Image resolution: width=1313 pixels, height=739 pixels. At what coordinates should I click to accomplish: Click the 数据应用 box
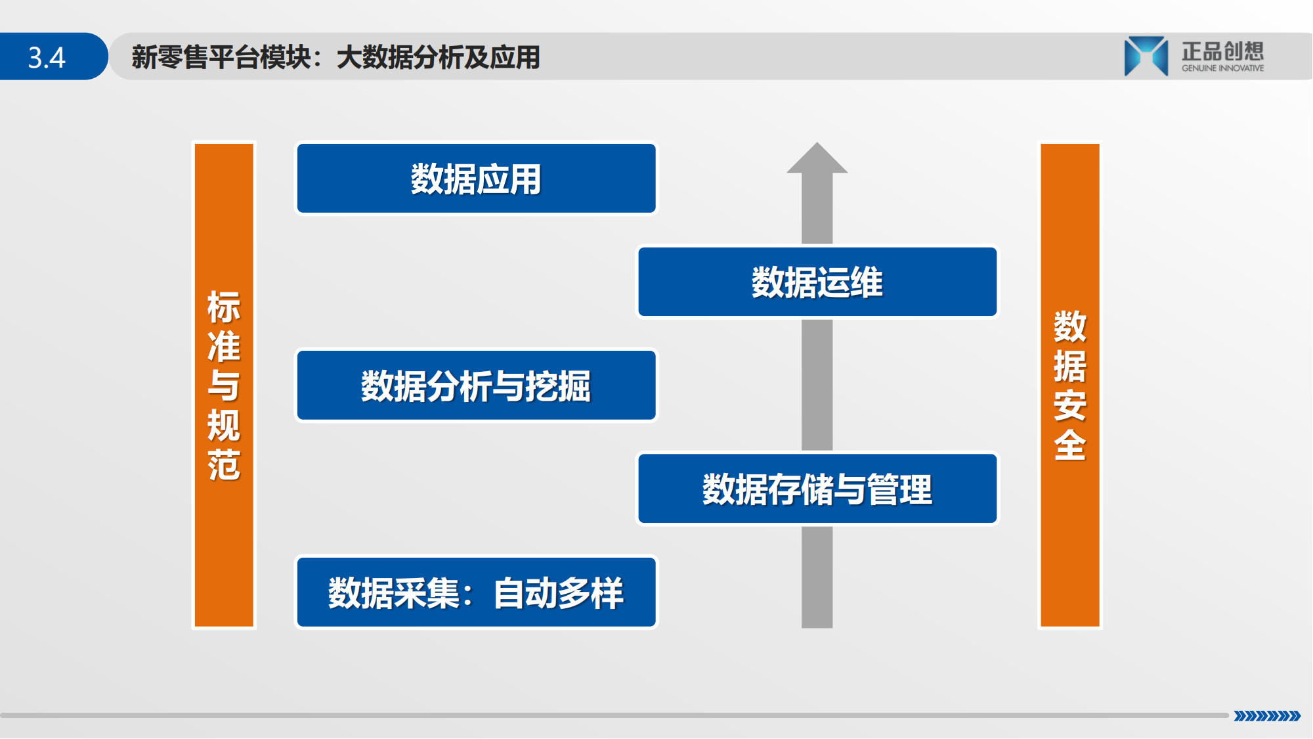(x=477, y=179)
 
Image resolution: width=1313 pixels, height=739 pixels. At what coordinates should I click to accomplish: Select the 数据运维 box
(x=817, y=282)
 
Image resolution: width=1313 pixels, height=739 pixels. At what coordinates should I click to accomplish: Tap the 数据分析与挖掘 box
(x=477, y=385)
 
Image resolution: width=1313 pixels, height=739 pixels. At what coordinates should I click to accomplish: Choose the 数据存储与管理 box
(x=817, y=488)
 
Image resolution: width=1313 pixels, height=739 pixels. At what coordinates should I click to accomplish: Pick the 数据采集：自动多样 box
(x=477, y=592)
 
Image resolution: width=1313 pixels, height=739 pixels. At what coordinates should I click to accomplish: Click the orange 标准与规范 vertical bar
(x=224, y=385)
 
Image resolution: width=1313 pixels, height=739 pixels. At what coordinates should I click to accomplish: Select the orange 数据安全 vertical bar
(x=1070, y=385)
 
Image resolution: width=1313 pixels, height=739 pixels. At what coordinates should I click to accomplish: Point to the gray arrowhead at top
(x=817, y=158)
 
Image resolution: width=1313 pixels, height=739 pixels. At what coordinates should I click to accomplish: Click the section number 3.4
(x=47, y=58)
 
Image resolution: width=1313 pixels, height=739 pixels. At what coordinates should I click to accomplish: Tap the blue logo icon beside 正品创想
(x=1146, y=56)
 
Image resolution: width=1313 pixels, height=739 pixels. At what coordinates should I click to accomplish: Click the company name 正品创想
(x=1223, y=51)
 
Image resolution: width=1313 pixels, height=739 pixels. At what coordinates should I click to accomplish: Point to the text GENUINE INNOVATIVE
(x=1223, y=68)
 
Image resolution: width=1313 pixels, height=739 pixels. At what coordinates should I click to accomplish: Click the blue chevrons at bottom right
(x=1267, y=716)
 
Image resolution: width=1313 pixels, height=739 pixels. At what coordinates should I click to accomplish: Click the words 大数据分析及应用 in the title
(x=439, y=57)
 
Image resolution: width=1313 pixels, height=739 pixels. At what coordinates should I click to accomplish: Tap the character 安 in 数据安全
(x=1070, y=405)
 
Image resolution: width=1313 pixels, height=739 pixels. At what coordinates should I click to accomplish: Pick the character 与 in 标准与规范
(x=224, y=386)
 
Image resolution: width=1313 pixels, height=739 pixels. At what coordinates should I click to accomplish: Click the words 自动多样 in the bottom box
(x=559, y=593)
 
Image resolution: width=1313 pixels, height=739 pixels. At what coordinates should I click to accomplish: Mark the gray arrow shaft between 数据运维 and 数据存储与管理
(x=817, y=385)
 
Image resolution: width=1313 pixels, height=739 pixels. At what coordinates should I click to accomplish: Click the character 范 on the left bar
(x=224, y=465)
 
